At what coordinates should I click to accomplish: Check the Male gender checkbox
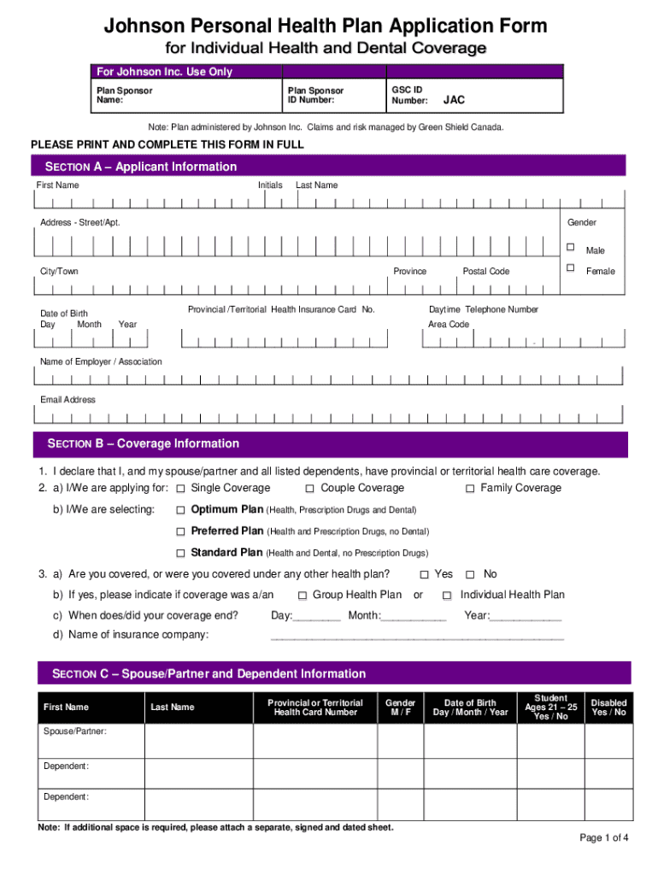(x=569, y=247)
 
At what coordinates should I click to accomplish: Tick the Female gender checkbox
(x=569, y=268)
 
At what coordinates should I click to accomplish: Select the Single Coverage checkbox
(x=180, y=489)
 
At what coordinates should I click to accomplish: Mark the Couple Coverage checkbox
(x=310, y=489)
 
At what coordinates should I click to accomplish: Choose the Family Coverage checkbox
(x=470, y=489)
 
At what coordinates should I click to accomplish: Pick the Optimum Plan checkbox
(x=180, y=510)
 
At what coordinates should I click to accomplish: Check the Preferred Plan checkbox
(x=180, y=531)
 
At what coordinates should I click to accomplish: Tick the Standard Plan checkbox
(x=180, y=553)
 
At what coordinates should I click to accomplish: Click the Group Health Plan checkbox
(x=303, y=596)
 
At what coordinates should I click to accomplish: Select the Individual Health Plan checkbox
(x=447, y=596)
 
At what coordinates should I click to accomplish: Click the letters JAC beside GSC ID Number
(x=455, y=100)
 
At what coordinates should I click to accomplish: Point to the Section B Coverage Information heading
(x=144, y=443)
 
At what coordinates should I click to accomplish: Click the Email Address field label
(x=68, y=400)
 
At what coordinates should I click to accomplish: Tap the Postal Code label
(x=485, y=271)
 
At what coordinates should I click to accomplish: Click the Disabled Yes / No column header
(x=608, y=708)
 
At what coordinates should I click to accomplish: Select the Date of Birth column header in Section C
(x=470, y=708)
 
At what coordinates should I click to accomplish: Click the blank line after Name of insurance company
(x=417, y=635)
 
